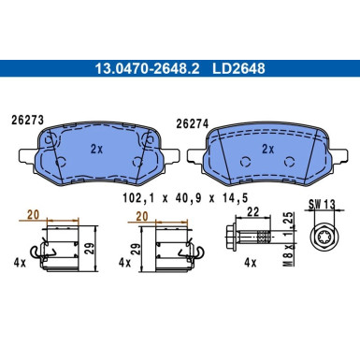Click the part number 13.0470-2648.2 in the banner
147,68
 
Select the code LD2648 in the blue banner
238,68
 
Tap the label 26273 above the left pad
27,121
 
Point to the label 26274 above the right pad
192,124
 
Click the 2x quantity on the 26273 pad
96,150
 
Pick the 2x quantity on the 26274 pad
267,150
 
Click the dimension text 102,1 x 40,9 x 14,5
185,198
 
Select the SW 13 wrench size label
322,205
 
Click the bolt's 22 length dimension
252,212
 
